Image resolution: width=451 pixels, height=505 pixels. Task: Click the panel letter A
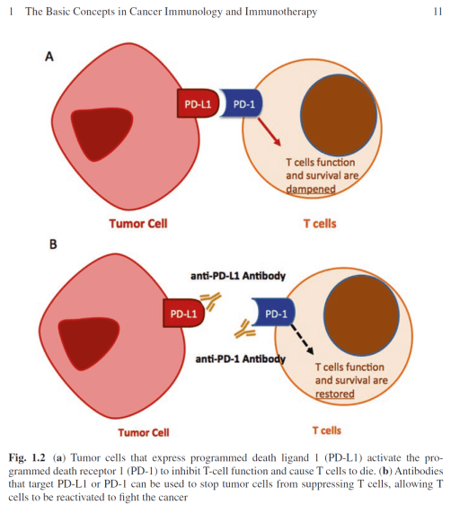50,56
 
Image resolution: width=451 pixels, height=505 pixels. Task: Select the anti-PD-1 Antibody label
240,359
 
